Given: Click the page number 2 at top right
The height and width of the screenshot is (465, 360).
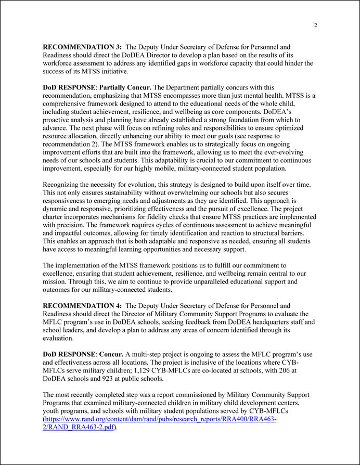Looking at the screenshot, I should pos(316,25).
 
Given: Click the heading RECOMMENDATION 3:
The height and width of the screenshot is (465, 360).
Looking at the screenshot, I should pos(82,47).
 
